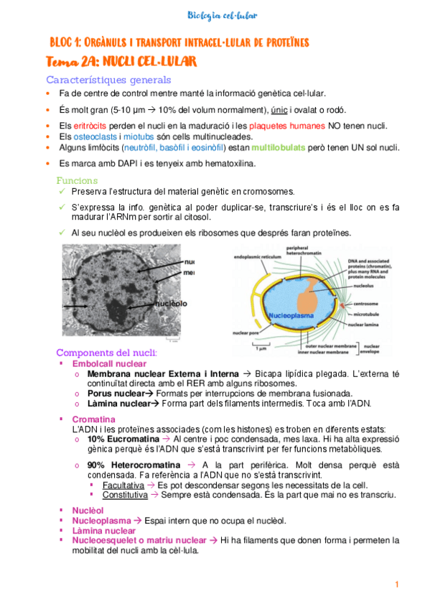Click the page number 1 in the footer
(396, 585)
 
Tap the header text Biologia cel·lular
(222, 15)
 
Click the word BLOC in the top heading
(62, 42)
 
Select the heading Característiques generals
(108, 80)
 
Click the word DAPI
(123, 163)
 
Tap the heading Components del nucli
(106, 354)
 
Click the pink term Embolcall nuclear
(109, 364)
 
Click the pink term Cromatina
(94, 419)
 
